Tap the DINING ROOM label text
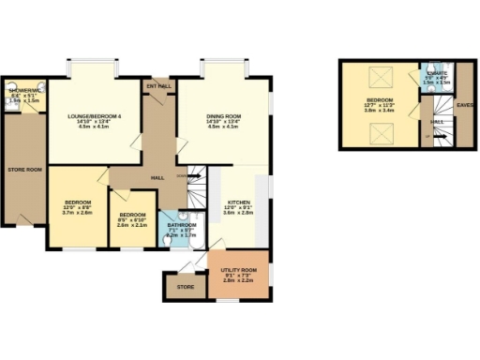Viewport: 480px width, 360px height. [x=224, y=116]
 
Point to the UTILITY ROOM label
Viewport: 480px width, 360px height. [x=240, y=270]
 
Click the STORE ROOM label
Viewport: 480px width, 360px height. [x=22, y=170]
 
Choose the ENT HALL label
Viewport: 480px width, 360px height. [x=158, y=86]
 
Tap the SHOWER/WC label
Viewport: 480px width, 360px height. [x=22, y=90]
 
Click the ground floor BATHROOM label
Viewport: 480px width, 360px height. [x=183, y=225]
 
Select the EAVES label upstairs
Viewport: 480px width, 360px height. [x=464, y=105]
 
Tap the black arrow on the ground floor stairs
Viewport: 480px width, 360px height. [x=194, y=174]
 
